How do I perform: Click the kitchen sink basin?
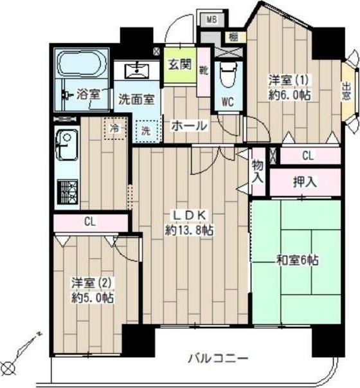click(x=67, y=145)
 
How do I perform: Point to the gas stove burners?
click(x=67, y=189)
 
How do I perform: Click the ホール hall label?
click(x=188, y=126)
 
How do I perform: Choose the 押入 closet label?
click(x=305, y=182)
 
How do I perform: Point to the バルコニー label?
click(x=219, y=358)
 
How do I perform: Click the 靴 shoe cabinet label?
click(x=203, y=71)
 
